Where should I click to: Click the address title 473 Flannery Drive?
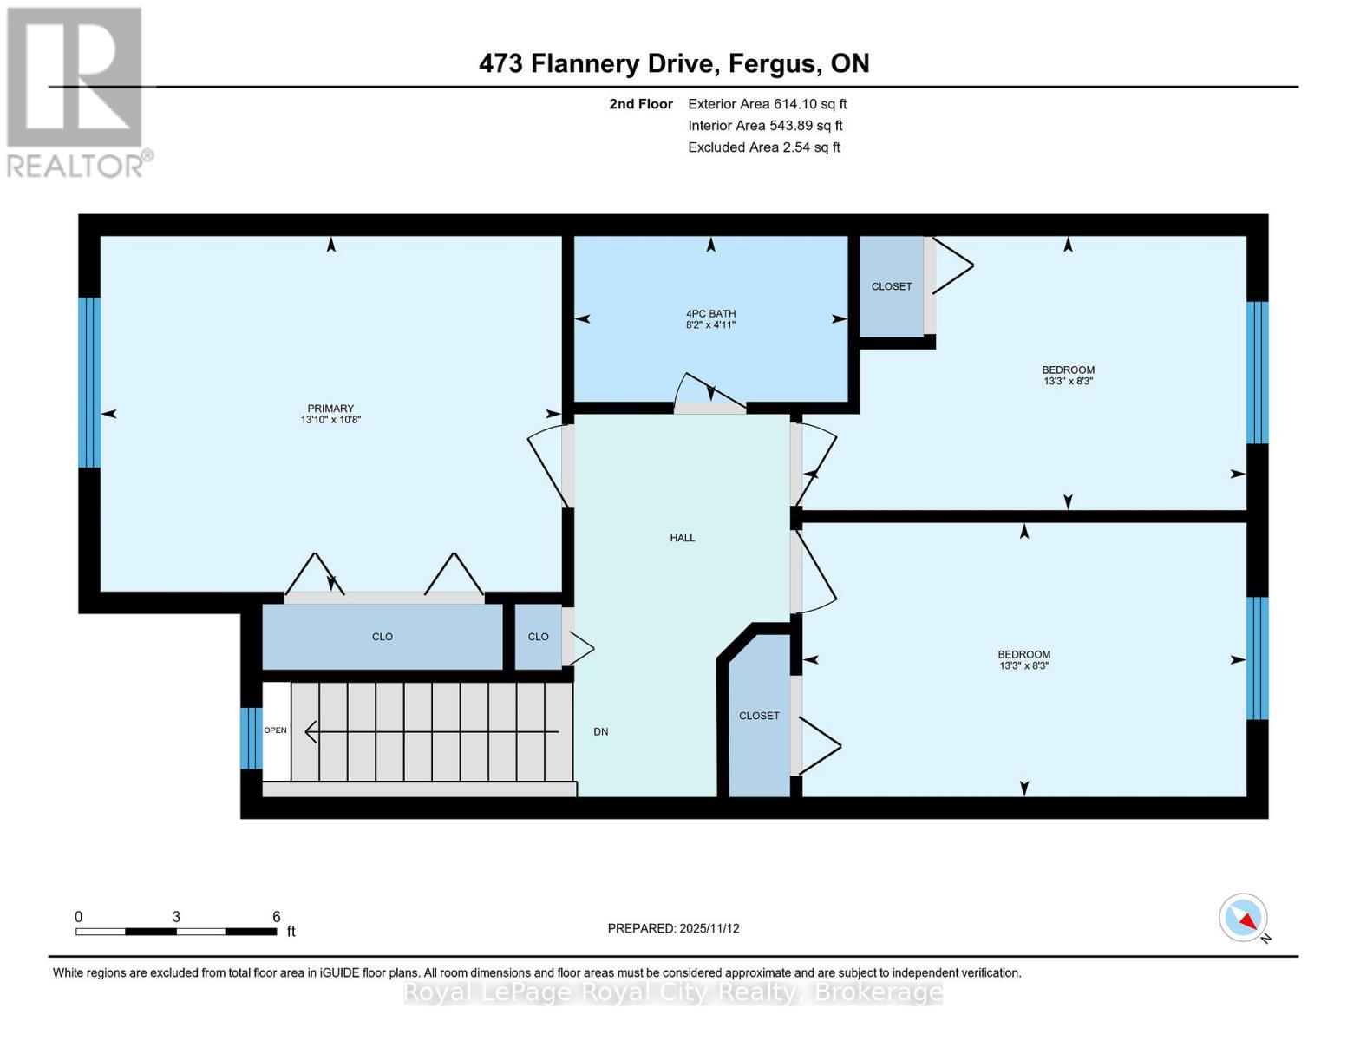(674, 63)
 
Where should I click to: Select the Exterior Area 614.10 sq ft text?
(767, 104)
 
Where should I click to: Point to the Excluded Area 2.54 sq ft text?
(763, 147)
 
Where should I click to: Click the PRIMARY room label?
(330, 414)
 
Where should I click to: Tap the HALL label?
(683, 538)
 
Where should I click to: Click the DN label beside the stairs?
(601, 732)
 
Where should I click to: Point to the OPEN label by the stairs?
(276, 730)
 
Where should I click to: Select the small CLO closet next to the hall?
(538, 637)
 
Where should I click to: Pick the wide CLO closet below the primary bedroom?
(383, 637)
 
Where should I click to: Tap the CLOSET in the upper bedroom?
(892, 286)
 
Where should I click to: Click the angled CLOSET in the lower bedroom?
(759, 716)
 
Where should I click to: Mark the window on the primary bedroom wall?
(89, 383)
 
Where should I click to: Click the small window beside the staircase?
(251, 738)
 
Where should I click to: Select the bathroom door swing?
(709, 392)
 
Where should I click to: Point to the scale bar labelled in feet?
(176, 932)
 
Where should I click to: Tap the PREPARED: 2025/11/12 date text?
(673, 928)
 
